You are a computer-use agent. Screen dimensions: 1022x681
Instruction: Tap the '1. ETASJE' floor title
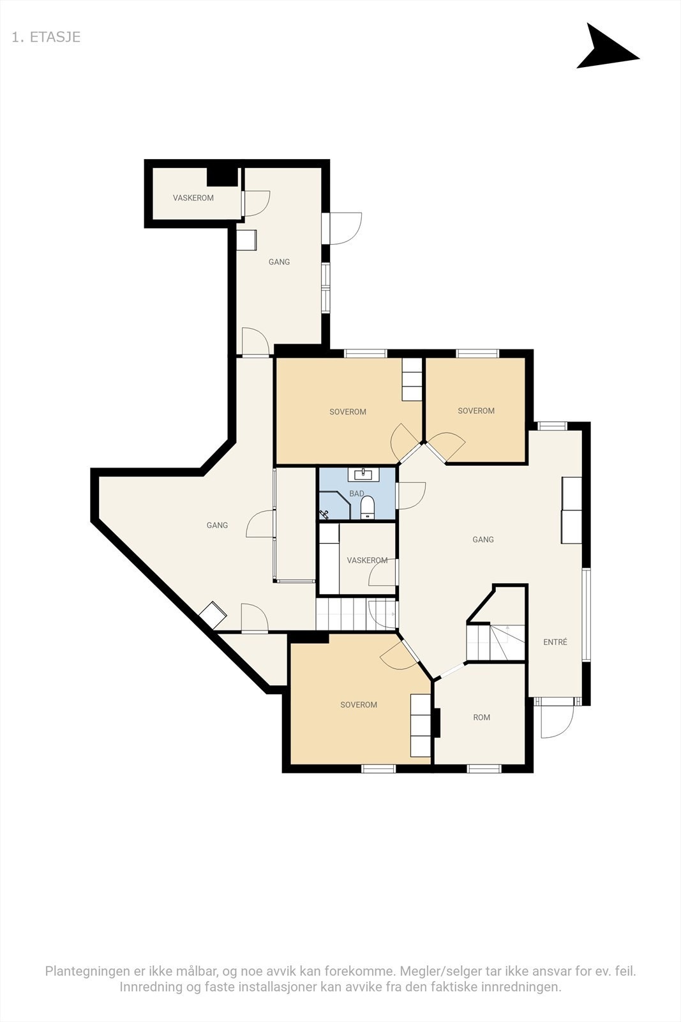tap(46, 37)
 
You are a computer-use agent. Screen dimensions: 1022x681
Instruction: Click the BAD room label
tap(356, 494)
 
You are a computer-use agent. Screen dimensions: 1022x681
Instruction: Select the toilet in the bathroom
tap(367, 508)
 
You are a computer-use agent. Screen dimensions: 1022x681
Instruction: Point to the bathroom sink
tap(364, 474)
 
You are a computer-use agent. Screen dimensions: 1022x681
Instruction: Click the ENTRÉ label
tap(555, 642)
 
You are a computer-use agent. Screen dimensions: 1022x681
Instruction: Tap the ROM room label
tap(482, 717)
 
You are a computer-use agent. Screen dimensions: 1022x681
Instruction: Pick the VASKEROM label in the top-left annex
tap(193, 198)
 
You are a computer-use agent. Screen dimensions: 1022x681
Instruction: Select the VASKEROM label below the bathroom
tap(367, 560)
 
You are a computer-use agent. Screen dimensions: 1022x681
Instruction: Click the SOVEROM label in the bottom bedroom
tap(359, 705)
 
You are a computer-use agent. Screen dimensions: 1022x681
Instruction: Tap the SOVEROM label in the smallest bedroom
tap(476, 411)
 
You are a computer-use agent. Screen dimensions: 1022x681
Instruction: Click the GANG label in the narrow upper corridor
tap(279, 262)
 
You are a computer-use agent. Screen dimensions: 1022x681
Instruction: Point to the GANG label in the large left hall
tap(217, 525)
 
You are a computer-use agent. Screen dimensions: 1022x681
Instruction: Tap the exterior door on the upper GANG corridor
tap(345, 228)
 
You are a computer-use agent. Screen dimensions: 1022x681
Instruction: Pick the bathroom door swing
tap(412, 495)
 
